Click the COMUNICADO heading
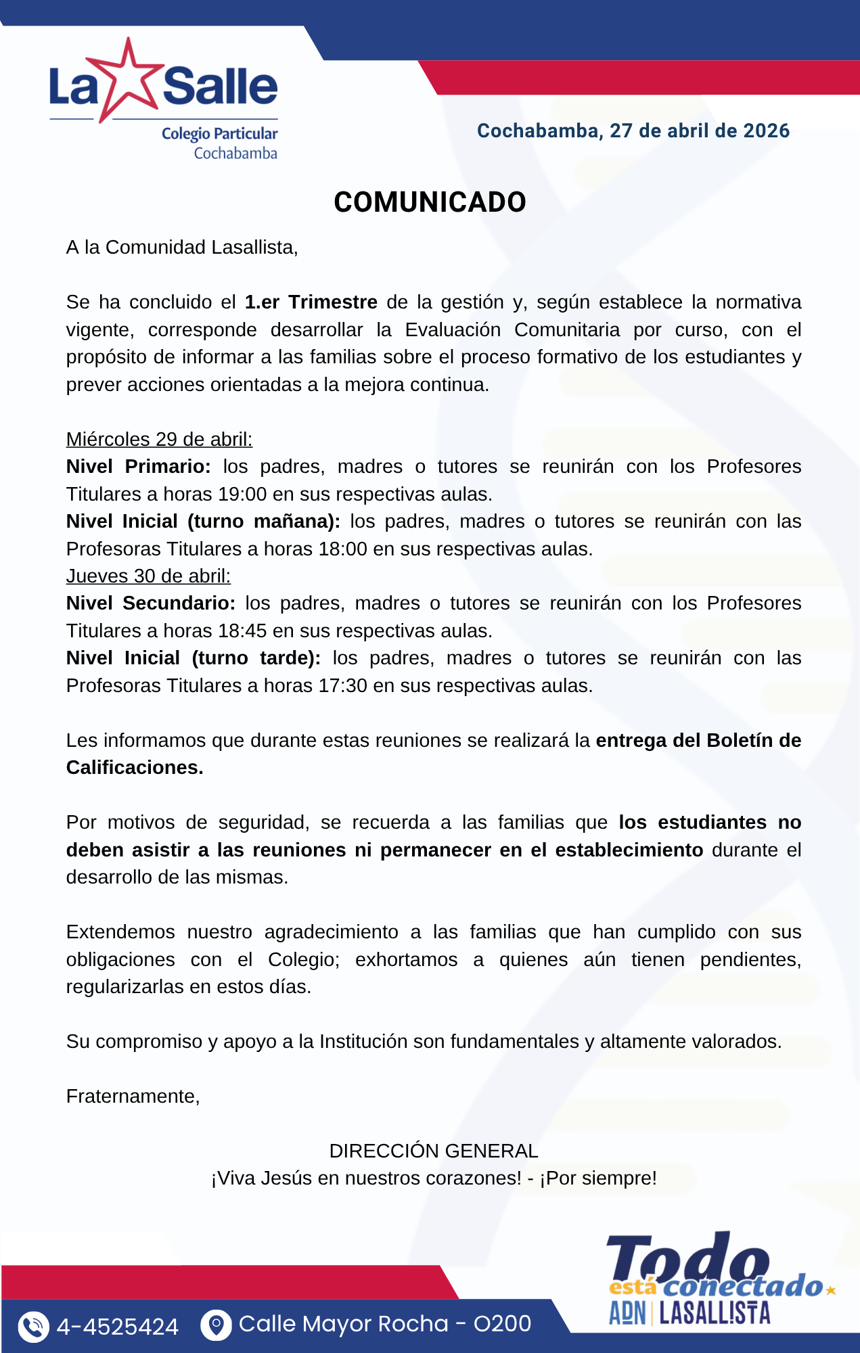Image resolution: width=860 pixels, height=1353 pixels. click(x=430, y=202)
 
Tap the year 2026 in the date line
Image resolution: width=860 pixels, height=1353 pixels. click(x=765, y=131)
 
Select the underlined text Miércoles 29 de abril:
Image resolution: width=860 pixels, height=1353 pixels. click(x=159, y=439)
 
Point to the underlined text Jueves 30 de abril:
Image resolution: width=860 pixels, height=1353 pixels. click(x=148, y=576)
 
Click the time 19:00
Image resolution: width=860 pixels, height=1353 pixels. click(x=242, y=494)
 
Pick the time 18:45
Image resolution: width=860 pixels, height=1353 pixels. click(x=242, y=630)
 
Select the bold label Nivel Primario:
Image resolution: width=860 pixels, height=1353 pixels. click(x=138, y=466)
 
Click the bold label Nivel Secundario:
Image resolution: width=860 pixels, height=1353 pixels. click(x=150, y=603)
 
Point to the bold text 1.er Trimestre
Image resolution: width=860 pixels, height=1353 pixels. click(x=311, y=302)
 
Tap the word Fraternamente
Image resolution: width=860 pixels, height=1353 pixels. click(x=132, y=1096)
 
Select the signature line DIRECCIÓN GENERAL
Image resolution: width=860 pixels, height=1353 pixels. click(x=434, y=1151)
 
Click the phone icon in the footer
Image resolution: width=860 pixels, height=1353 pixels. click(x=33, y=1326)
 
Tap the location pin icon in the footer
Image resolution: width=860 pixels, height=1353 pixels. click(x=216, y=1325)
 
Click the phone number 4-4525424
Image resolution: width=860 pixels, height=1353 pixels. click(x=118, y=1327)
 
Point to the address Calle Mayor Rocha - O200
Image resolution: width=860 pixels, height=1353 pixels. click(x=385, y=1324)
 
